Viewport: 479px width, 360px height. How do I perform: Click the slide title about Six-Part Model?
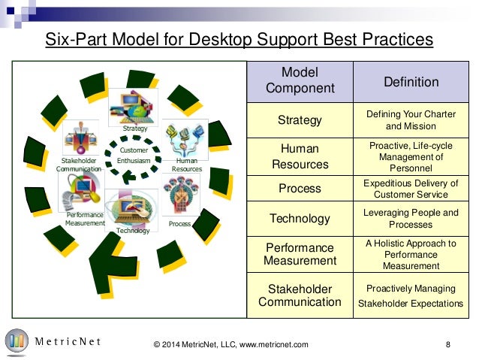(239, 38)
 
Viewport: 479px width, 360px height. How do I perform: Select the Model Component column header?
(300, 80)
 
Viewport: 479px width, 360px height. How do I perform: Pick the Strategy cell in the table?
(300, 119)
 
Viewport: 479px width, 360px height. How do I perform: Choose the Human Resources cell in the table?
(300, 156)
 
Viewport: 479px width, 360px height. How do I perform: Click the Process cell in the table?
(300, 188)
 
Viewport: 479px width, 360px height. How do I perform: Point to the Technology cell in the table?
(300, 219)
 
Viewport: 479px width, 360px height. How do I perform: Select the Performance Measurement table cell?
(300, 254)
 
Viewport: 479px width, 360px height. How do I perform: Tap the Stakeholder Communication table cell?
(300, 295)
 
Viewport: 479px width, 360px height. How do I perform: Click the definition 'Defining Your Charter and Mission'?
(411, 119)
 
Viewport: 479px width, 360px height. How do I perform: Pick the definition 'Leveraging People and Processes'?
(411, 219)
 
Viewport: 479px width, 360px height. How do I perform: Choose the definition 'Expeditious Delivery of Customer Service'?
(411, 188)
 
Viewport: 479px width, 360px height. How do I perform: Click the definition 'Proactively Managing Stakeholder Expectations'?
(411, 296)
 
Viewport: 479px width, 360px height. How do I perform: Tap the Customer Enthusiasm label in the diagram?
(134, 156)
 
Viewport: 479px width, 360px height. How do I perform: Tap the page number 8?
(447, 344)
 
